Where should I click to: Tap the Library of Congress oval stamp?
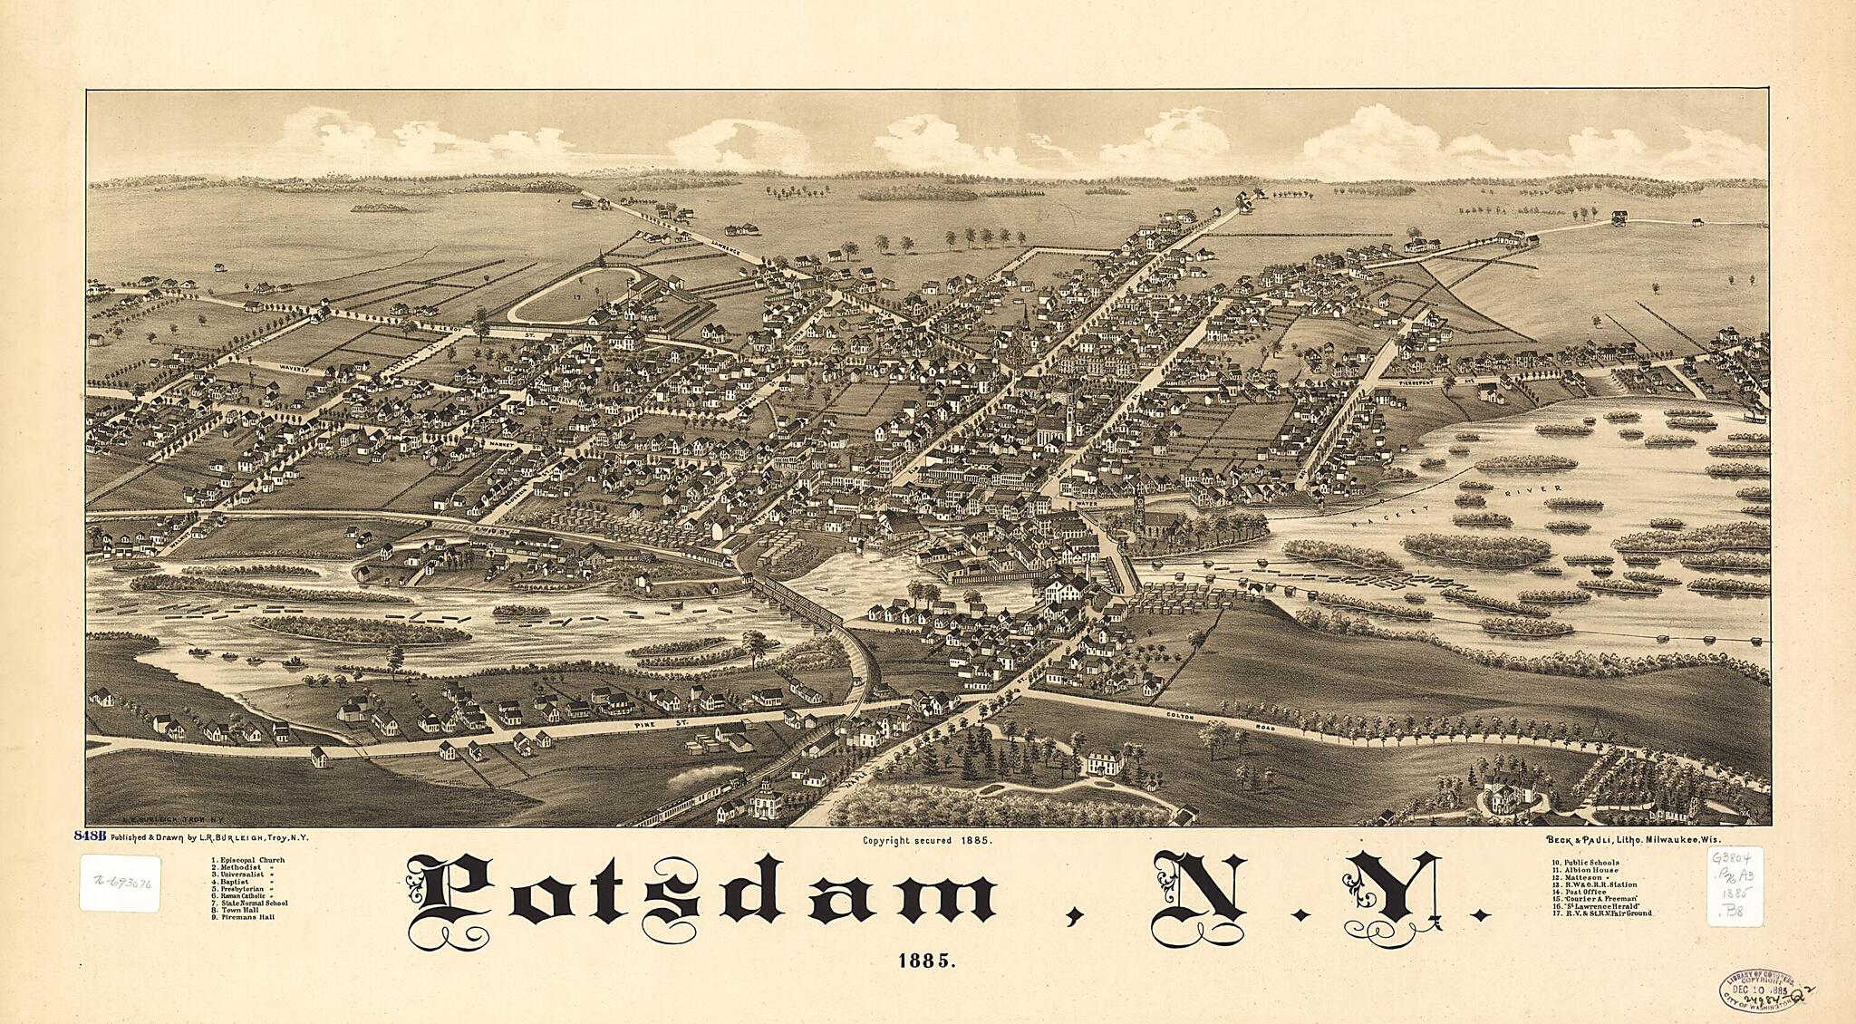pyautogui.click(x=1754, y=991)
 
